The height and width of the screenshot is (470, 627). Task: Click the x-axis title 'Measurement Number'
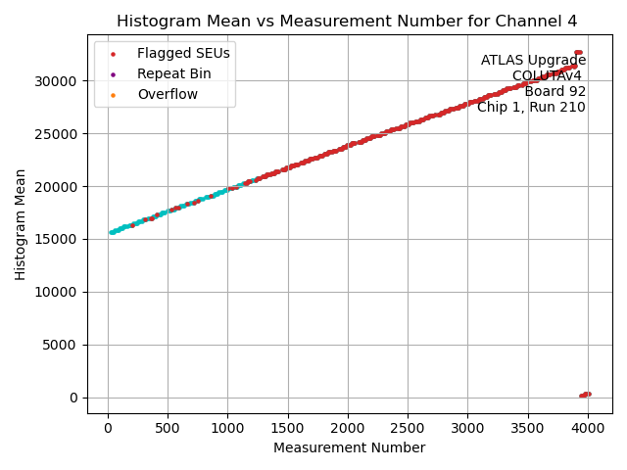pos(349,447)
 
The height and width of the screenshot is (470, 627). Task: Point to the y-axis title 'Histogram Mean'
pos(21,224)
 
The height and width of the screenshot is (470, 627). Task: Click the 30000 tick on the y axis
pos(61,81)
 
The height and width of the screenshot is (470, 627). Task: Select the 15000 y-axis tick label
pos(61,239)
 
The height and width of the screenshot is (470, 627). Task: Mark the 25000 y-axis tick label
pos(61,134)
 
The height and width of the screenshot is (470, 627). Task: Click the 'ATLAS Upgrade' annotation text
pos(533,61)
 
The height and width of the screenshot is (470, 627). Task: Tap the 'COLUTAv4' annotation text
pos(547,76)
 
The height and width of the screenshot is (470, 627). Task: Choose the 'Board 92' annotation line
pos(555,92)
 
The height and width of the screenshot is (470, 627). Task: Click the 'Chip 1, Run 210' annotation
pos(531,108)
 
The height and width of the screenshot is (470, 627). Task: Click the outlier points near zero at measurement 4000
pos(585,395)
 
